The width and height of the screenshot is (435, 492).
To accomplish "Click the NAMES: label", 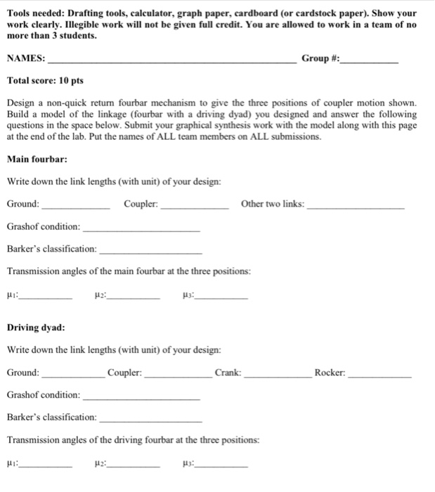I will tap(26, 58).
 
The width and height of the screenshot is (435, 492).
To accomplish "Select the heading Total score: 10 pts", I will tap(45, 81).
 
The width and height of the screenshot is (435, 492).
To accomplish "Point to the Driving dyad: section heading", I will tap(36, 327).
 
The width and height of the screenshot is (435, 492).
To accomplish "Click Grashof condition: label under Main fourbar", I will tap(44, 226).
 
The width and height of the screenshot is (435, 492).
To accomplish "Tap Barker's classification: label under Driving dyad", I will tap(52, 417).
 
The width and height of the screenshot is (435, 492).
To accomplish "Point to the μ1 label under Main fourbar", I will tap(12, 294).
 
